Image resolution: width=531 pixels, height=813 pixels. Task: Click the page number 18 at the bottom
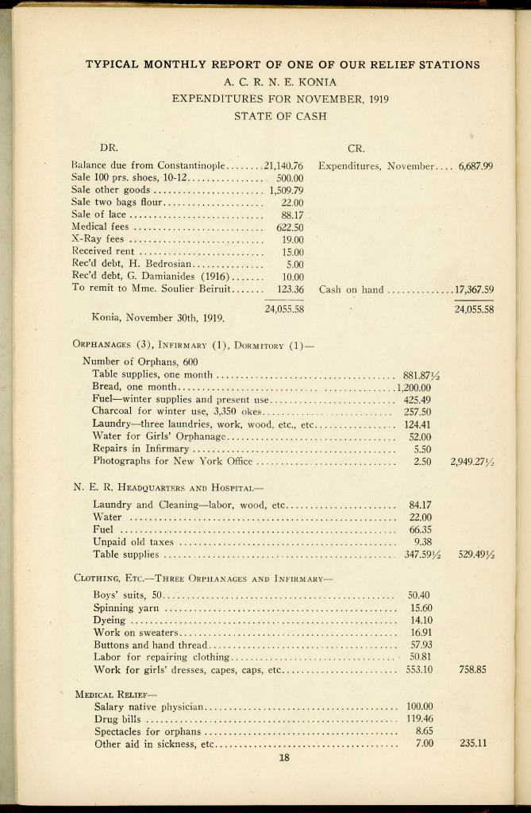point(284,757)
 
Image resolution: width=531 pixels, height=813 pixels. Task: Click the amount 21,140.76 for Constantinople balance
point(284,166)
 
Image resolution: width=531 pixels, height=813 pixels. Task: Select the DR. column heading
point(107,147)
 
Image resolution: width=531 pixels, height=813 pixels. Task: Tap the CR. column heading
point(356,147)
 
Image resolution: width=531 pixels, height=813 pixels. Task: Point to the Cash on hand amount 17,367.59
point(474,289)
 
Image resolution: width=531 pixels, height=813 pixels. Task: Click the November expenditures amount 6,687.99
point(476,166)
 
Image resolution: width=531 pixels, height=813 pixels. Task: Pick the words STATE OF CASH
point(282,116)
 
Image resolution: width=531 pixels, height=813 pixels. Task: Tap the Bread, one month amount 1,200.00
point(413,387)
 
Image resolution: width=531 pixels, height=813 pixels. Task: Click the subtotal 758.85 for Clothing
point(473,669)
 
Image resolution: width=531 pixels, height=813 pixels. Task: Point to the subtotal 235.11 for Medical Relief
point(473,744)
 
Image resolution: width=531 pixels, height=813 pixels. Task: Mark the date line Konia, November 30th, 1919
point(158,318)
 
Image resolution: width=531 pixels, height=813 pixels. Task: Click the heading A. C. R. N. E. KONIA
point(282,81)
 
